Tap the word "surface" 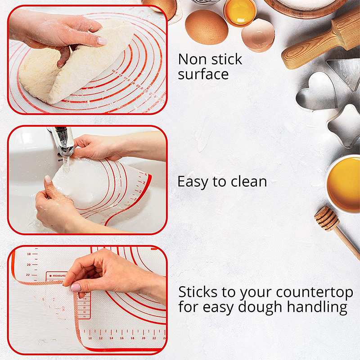203,74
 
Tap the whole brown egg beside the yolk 206,27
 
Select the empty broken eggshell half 258,35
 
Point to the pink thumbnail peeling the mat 76,287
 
